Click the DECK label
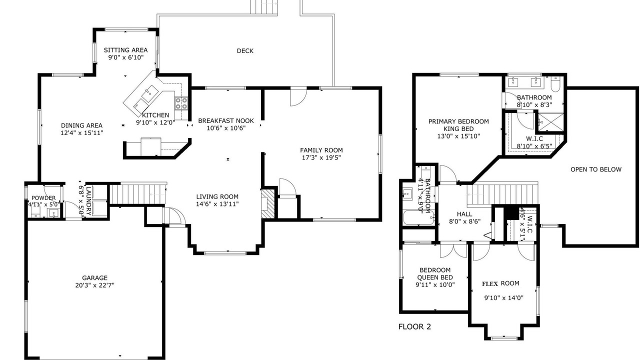click(x=245, y=51)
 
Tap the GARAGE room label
click(x=95, y=277)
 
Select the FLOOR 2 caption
click(x=414, y=326)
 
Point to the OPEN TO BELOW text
click(x=596, y=169)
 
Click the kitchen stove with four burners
click(x=181, y=103)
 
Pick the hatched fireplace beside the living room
click(x=268, y=204)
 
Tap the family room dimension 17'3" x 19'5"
click(x=321, y=157)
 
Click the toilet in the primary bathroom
click(x=555, y=83)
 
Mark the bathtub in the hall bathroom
click(x=418, y=217)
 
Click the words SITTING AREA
click(x=125, y=50)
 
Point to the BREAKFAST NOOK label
click(x=226, y=120)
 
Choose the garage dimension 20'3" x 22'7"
click(x=95, y=285)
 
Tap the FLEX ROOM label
click(x=504, y=283)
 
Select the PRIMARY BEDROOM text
click(x=458, y=121)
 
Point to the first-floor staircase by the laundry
click(x=137, y=194)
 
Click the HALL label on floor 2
click(x=464, y=214)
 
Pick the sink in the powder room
click(x=53, y=213)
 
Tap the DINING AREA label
click(x=81, y=125)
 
